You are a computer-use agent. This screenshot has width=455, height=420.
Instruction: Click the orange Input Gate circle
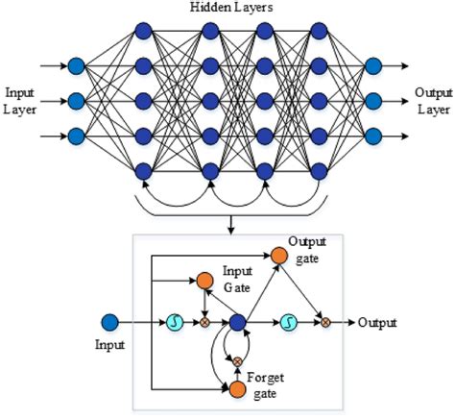click(204, 282)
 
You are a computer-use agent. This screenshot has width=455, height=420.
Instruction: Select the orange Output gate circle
click(278, 256)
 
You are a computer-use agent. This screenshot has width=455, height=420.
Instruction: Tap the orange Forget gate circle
click(236, 389)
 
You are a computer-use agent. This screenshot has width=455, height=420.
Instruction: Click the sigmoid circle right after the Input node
click(174, 323)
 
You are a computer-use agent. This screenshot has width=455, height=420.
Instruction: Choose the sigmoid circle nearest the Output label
click(288, 323)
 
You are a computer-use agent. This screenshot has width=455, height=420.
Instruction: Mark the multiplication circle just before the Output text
click(326, 323)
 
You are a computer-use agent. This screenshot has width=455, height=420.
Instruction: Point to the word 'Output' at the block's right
click(377, 323)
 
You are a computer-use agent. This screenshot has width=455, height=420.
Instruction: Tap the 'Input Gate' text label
click(237, 280)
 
